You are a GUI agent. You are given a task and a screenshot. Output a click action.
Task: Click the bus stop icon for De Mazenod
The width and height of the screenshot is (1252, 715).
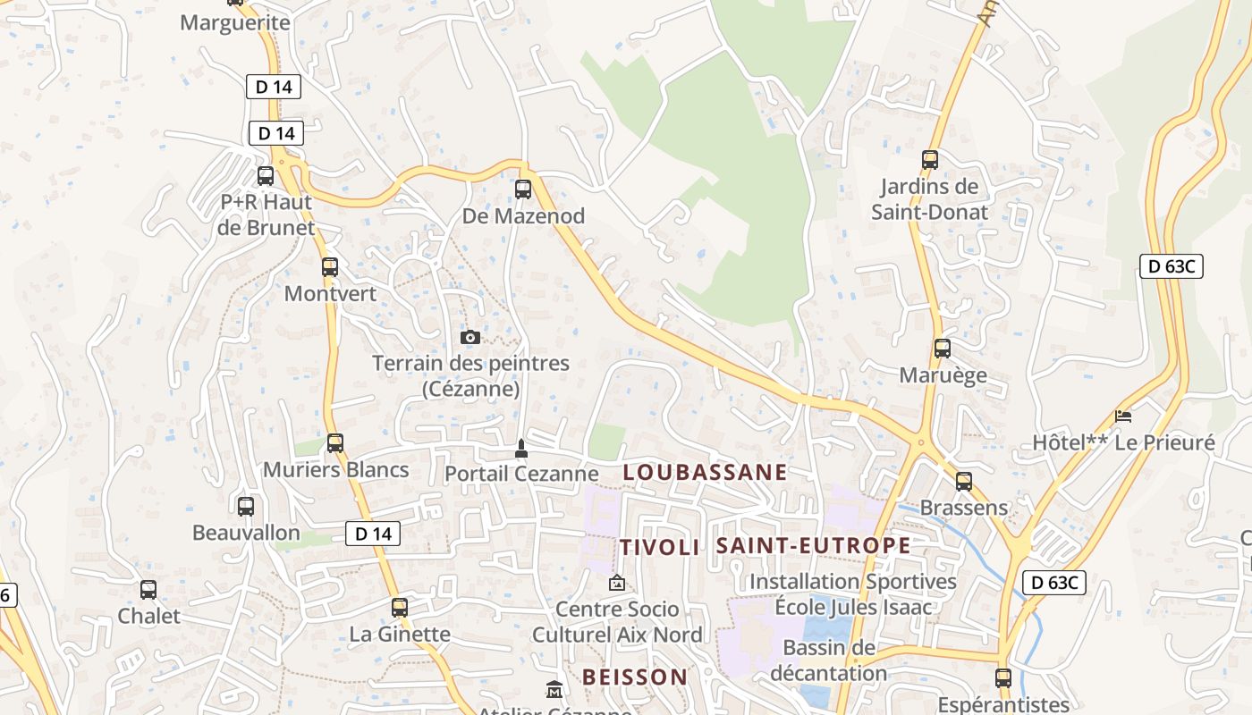pyautogui.click(x=523, y=189)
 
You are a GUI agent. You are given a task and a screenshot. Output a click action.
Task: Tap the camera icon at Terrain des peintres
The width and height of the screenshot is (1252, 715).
pyautogui.click(x=469, y=337)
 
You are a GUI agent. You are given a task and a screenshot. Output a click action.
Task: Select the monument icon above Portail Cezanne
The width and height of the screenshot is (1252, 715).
pyautogui.click(x=521, y=448)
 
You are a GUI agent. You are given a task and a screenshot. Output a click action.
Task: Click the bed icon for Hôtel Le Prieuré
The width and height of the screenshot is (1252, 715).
pyautogui.click(x=1123, y=416)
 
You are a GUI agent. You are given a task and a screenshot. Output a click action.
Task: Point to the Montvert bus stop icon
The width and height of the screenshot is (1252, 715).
pyautogui.click(x=330, y=266)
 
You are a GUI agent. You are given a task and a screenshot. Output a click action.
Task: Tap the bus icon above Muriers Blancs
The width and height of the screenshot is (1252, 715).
pyautogui.click(x=335, y=442)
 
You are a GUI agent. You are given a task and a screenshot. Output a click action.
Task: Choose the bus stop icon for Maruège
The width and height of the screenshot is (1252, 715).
pyautogui.click(x=943, y=349)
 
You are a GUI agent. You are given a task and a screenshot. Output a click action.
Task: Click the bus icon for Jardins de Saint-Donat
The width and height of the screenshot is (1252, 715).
pyautogui.click(x=930, y=160)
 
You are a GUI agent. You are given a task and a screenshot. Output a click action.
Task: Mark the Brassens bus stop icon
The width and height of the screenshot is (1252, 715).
pyautogui.click(x=964, y=481)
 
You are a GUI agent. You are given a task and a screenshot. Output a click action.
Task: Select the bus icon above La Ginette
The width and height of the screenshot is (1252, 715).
pyautogui.click(x=400, y=608)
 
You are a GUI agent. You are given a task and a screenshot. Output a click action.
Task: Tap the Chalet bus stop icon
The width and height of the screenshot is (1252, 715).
pyautogui.click(x=148, y=590)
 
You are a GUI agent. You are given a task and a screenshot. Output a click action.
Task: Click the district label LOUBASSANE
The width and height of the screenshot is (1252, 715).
pyautogui.click(x=705, y=472)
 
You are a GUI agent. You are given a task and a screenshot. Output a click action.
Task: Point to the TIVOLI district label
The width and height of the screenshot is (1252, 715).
pyautogui.click(x=660, y=547)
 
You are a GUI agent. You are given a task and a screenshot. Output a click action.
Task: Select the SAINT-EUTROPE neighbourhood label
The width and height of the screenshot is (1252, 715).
pyautogui.click(x=814, y=545)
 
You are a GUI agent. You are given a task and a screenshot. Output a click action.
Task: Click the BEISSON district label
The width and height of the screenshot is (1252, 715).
pyautogui.click(x=635, y=677)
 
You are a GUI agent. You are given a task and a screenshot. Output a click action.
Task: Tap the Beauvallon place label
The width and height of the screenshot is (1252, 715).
pyautogui.click(x=246, y=533)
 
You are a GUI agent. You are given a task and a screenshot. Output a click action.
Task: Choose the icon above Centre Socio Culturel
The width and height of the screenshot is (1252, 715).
pyautogui.click(x=617, y=583)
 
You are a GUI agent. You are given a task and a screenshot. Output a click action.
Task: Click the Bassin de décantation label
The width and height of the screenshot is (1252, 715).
pyautogui.click(x=828, y=660)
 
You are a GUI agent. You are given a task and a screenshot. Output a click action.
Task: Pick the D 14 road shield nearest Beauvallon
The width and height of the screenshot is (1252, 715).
pyautogui.click(x=373, y=534)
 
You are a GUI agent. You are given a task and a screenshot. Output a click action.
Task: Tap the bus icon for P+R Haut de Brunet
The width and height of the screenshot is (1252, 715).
pyautogui.click(x=266, y=175)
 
